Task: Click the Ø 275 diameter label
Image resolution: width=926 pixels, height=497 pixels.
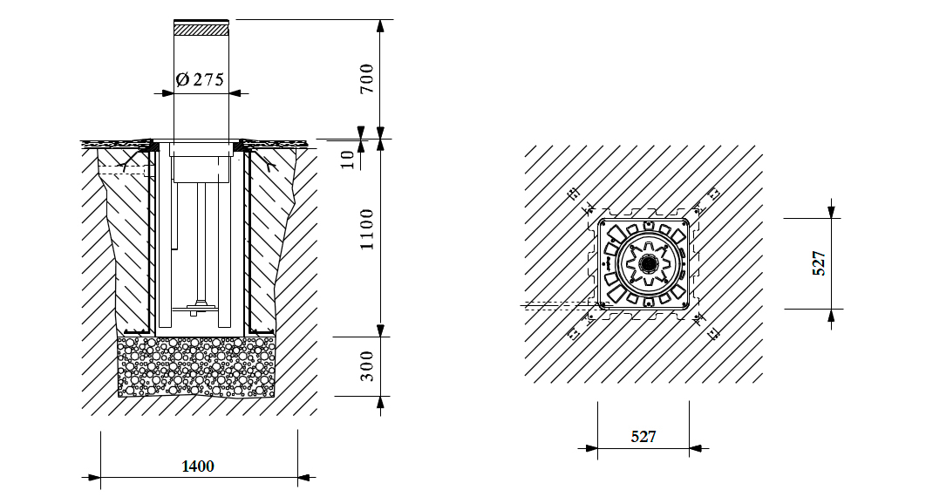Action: [x=201, y=79]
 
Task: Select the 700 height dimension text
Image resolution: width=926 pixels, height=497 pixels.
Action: [x=367, y=78]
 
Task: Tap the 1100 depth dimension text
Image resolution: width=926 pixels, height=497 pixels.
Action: [x=367, y=229]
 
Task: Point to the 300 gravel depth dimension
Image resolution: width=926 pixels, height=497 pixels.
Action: [x=367, y=366]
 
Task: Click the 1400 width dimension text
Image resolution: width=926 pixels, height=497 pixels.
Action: [x=198, y=466]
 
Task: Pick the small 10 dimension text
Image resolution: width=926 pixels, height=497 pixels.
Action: [x=349, y=160]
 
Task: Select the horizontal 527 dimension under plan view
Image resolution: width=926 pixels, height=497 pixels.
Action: [x=643, y=436]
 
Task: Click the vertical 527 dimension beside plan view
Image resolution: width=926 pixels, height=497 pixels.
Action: [x=819, y=263]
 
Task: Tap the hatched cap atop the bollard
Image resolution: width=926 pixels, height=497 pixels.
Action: [x=201, y=28]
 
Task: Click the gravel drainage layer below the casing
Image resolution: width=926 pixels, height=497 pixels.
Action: [x=196, y=366]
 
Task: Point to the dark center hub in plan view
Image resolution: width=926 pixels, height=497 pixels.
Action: [x=649, y=262]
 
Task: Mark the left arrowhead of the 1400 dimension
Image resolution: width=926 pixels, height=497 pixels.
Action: [x=94, y=477]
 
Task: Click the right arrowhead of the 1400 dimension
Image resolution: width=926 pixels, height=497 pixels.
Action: [x=304, y=477]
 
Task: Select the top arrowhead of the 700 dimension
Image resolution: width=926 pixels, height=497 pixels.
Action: [x=381, y=26]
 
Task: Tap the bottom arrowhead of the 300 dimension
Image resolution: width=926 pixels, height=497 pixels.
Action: [x=381, y=403]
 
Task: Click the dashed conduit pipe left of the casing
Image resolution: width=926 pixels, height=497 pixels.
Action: [x=123, y=171]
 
